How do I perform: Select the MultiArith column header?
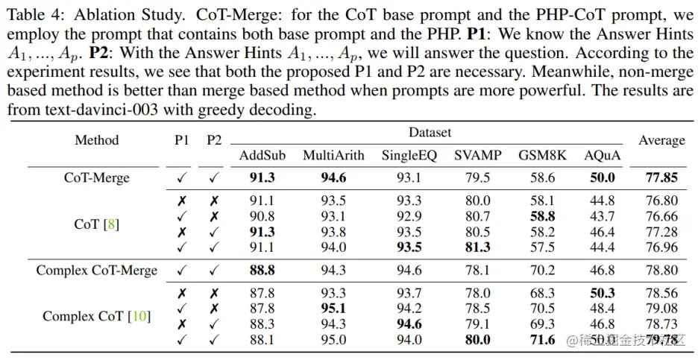tap(333, 155)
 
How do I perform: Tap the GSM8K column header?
tap(542, 155)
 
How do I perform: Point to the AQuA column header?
tap(602, 155)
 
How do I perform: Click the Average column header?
tap(661, 140)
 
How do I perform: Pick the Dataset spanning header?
tap(430, 133)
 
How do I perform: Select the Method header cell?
tap(96, 140)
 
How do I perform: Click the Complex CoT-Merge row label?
tap(96, 270)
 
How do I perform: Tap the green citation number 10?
tap(139, 316)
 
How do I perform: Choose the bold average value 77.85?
tap(661, 177)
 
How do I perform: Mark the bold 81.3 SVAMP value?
tap(477, 247)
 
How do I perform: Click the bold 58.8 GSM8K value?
tap(542, 216)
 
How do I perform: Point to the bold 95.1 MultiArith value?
tap(333, 309)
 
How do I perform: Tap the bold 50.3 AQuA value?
tap(602, 293)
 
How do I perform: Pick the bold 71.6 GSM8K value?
tap(542, 340)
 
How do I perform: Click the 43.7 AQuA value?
tap(602, 216)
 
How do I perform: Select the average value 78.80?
tap(661, 270)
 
